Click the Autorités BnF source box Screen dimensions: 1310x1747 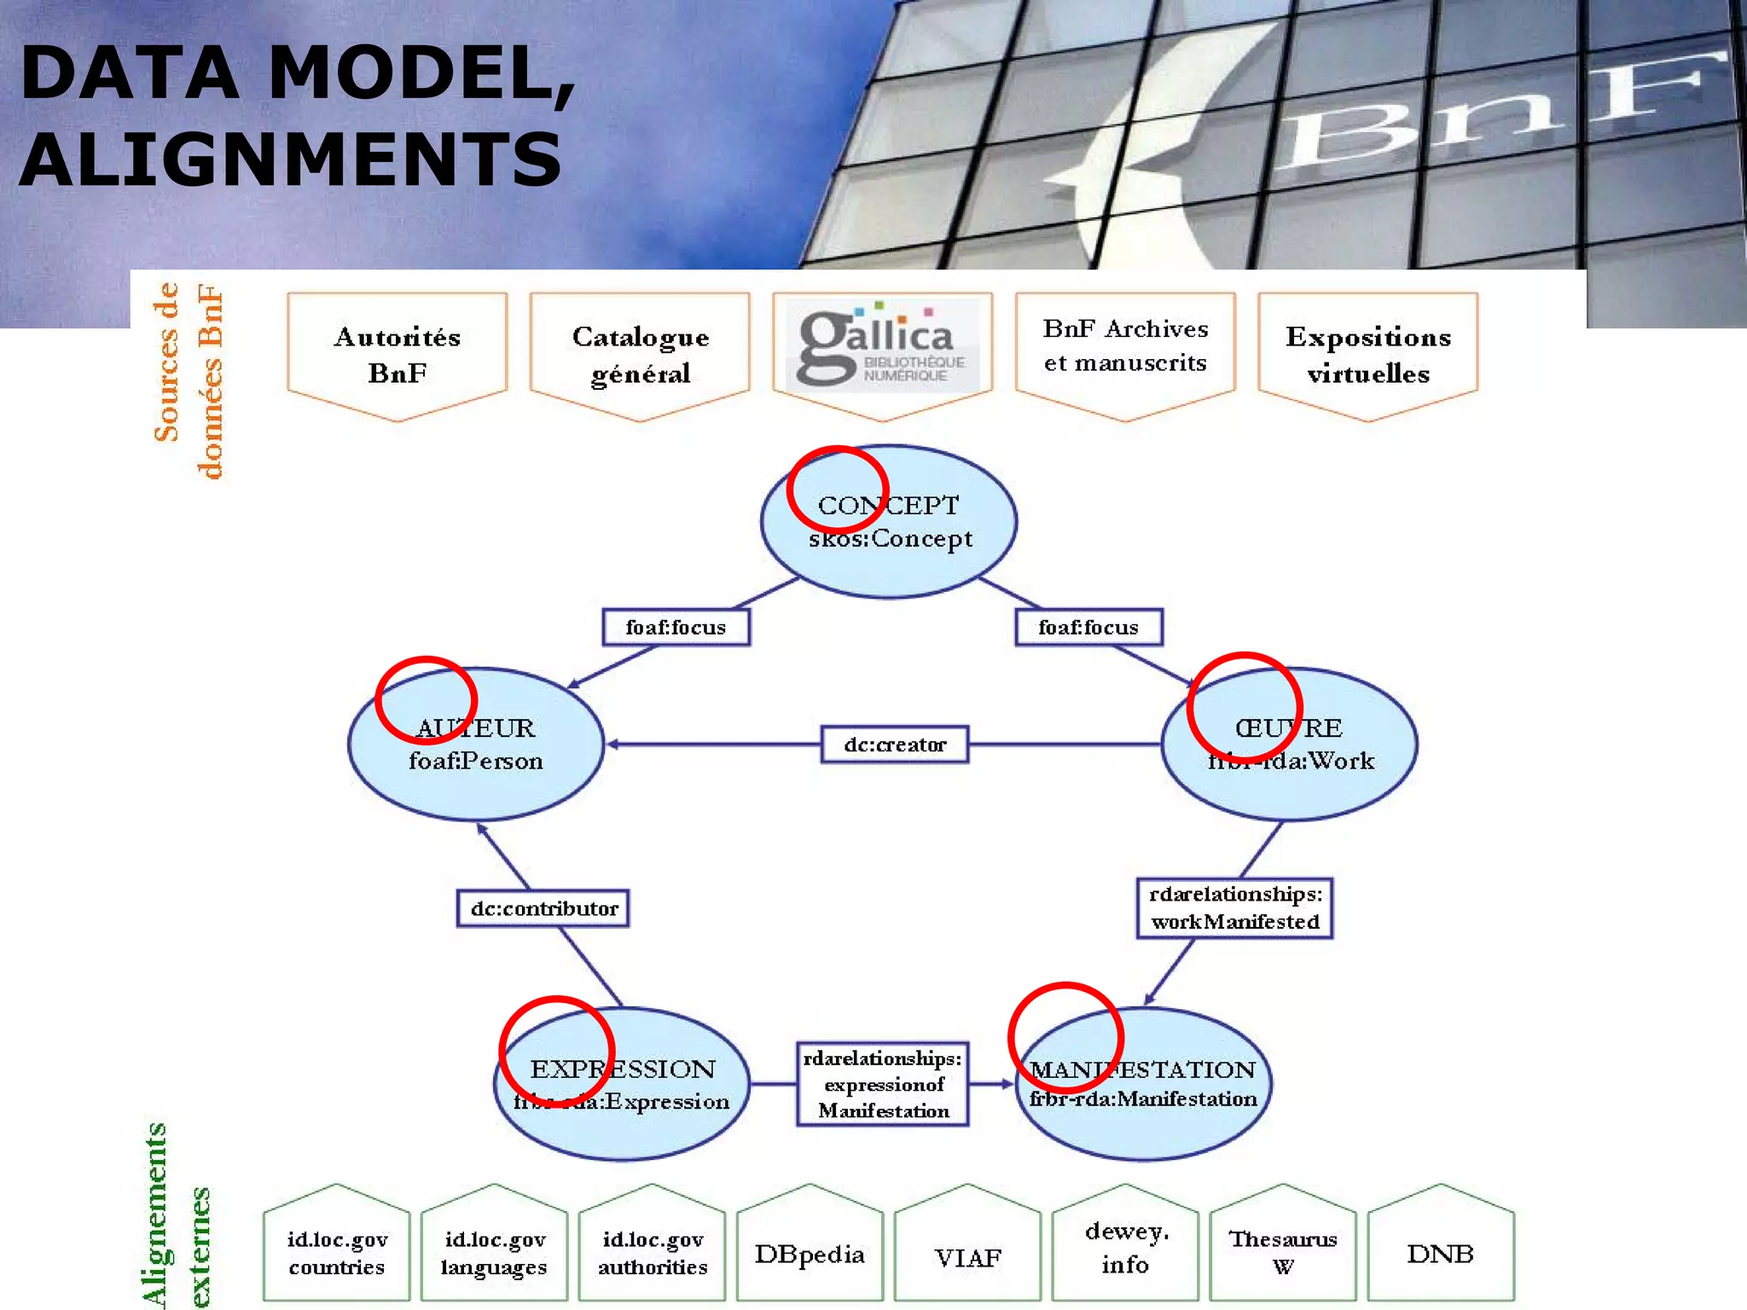click(x=398, y=354)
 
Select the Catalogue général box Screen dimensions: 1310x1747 click(x=640, y=354)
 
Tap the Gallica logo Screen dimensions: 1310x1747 click(x=882, y=346)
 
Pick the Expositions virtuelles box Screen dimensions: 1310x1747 click(x=1368, y=354)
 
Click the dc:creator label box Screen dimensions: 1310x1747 click(x=895, y=745)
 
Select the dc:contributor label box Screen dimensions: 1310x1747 click(x=543, y=908)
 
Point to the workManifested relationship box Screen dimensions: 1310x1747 click(x=1234, y=908)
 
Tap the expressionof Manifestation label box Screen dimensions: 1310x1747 click(x=883, y=1084)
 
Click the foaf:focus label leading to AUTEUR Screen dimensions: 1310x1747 click(x=676, y=628)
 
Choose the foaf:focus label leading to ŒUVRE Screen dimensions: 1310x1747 click(x=1088, y=628)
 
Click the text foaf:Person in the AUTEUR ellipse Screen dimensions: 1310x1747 click(x=476, y=761)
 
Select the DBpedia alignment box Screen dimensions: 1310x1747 click(x=810, y=1254)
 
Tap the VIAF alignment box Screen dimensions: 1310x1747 click(x=967, y=1256)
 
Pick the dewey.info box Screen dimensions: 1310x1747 click(x=1125, y=1248)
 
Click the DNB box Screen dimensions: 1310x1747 click(x=1441, y=1254)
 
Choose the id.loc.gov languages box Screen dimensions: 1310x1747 click(x=494, y=1252)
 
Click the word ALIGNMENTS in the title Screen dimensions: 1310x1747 click(x=291, y=159)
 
